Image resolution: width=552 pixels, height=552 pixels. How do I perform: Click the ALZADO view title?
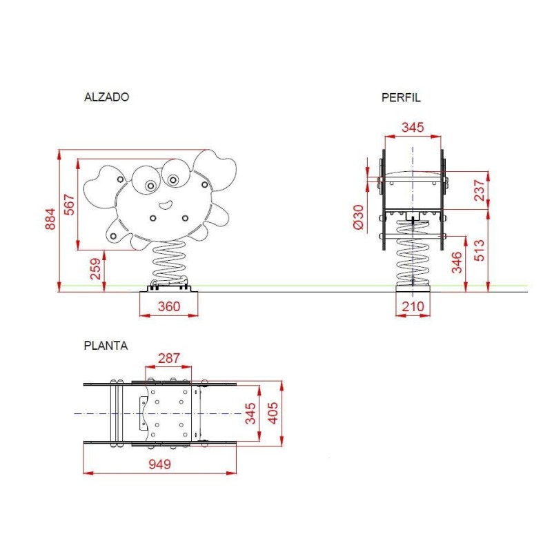[107, 97]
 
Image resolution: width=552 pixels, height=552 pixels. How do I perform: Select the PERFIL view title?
[401, 97]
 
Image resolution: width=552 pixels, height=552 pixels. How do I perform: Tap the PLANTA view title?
[106, 346]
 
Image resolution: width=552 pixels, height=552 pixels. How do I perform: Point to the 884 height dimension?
[50, 219]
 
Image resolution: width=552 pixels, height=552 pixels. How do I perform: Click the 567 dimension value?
[70, 204]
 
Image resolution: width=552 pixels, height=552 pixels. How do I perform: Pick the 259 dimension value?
[95, 269]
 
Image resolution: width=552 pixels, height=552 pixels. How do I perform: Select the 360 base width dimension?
[169, 306]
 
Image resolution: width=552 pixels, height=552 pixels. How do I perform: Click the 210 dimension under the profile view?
[413, 306]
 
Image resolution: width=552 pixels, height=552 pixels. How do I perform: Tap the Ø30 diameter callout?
[358, 217]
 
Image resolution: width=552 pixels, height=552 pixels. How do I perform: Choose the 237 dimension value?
[480, 190]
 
